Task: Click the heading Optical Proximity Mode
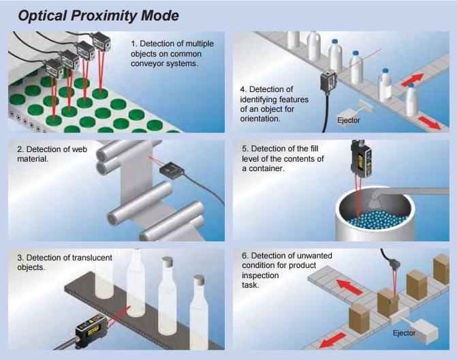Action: [x=99, y=15]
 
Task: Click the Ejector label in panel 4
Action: [x=349, y=120]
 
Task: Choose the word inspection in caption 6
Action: [x=261, y=275]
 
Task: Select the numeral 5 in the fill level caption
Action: [x=245, y=149]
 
